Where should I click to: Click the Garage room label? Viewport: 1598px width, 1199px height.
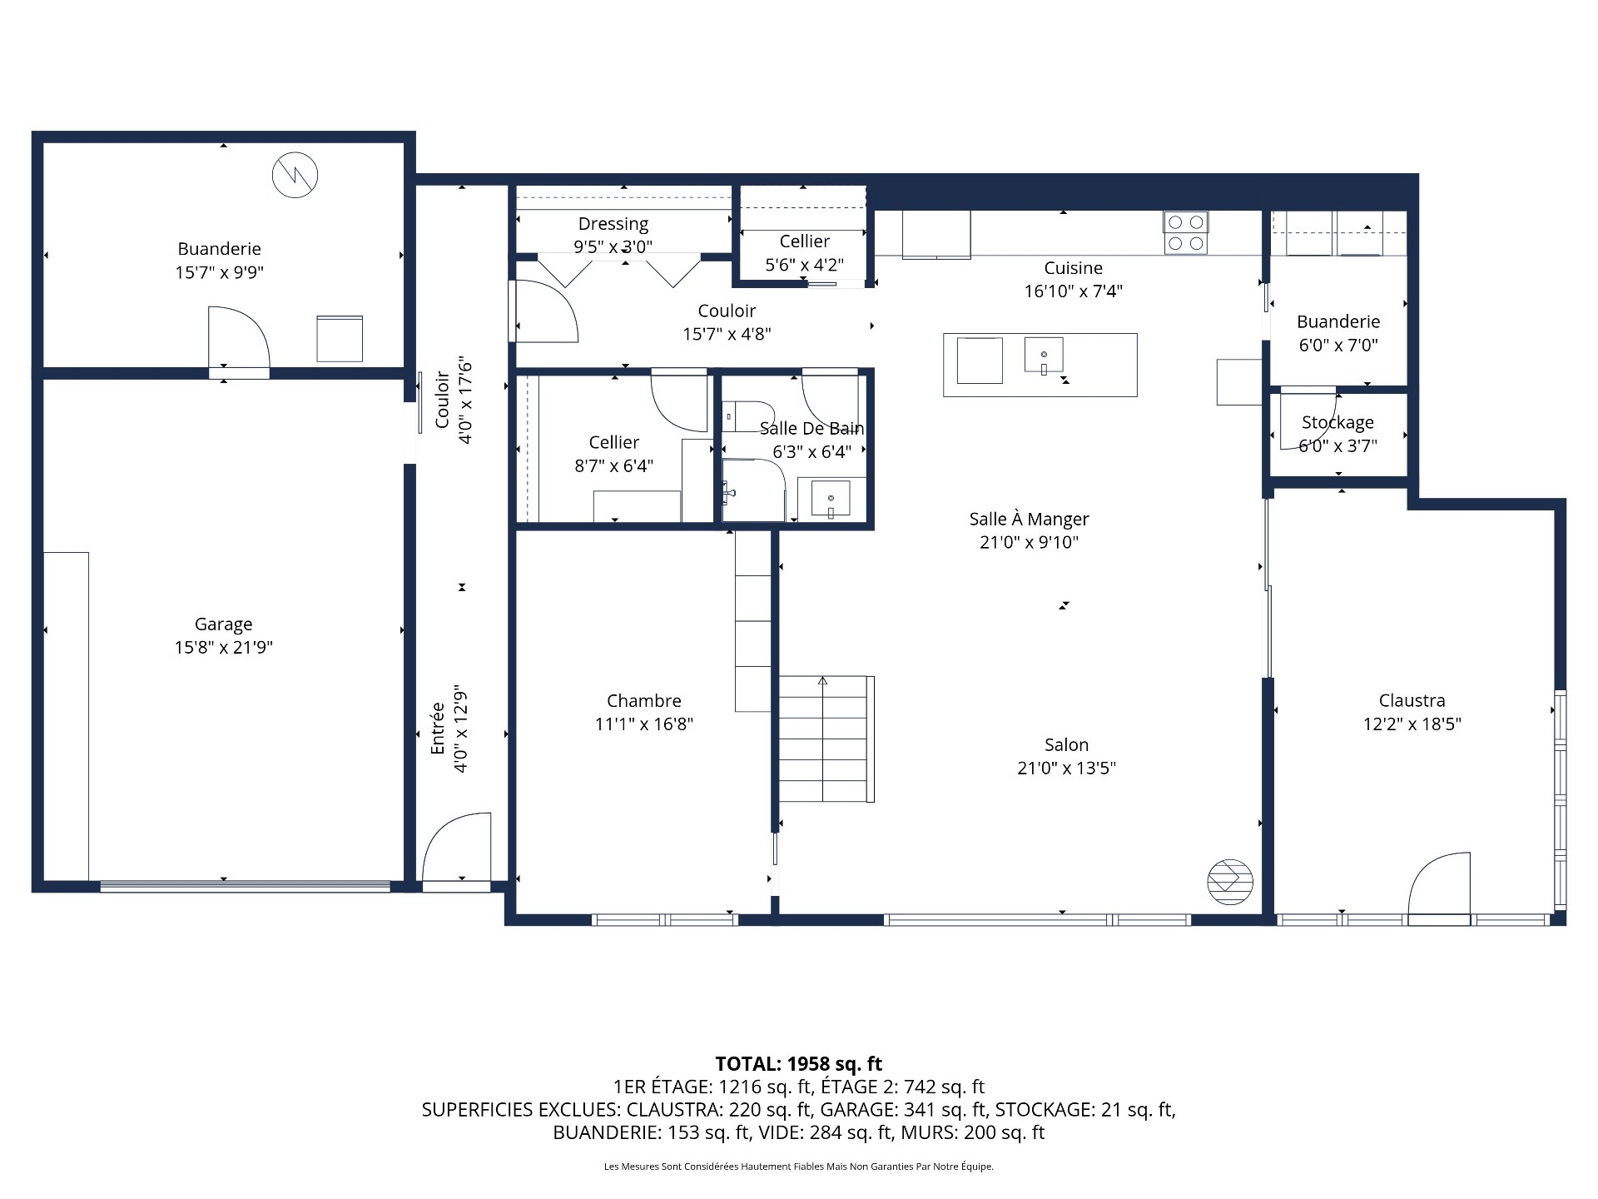tap(223, 624)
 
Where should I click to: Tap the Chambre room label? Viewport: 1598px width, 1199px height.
tap(644, 700)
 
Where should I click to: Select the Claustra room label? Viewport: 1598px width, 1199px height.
tap(1412, 700)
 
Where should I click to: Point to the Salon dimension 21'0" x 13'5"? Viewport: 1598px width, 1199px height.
tap(1066, 768)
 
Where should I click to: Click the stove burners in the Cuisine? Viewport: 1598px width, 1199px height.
tap(1186, 232)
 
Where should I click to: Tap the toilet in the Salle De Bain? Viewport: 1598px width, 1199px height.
tap(747, 415)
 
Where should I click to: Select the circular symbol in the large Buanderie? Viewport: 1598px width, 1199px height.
tap(295, 175)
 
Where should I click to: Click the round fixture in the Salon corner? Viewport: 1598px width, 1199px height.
tap(1230, 882)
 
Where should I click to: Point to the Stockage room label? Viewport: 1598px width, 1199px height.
tap(1337, 422)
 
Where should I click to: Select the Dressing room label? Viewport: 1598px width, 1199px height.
tap(613, 224)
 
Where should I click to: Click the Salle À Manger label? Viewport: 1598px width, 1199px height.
tap(1029, 519)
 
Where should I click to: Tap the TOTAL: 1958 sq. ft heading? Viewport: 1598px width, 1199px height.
tap(799, 1063)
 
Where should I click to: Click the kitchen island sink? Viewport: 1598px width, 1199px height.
tap(1044, 355)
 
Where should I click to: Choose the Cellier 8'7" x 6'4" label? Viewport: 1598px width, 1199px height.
tap(613, 454)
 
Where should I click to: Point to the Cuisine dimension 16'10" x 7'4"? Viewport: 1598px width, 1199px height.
tap(1073, 291)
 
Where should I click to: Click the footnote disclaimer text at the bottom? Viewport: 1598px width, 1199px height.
tap(799, 1167)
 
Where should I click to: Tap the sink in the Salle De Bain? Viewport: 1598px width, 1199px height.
tap(831, 499)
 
